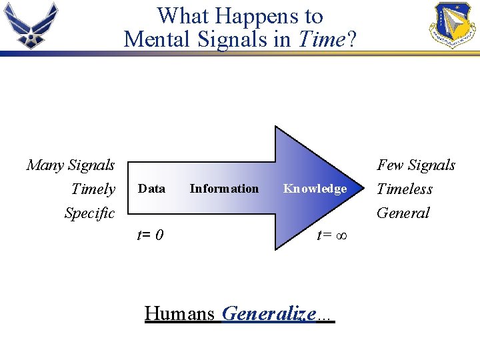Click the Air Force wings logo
coord(31,26)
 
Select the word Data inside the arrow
coord(151,189)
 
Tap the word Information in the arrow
coord(224,189)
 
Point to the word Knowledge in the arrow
coord(315,189)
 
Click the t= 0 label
coord(151,235)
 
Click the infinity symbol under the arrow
coord(340,235)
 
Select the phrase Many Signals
coord(71,165)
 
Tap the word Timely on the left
coord(93,189)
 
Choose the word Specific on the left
coord(89,213)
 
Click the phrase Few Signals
coord(416,165)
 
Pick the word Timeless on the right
coord(405,189)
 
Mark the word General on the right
coord(403,213)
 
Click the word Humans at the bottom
coord(179,313)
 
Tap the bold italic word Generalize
coord(269,313)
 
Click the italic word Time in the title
coord(321,39)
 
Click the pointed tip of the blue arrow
coord(367,189)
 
